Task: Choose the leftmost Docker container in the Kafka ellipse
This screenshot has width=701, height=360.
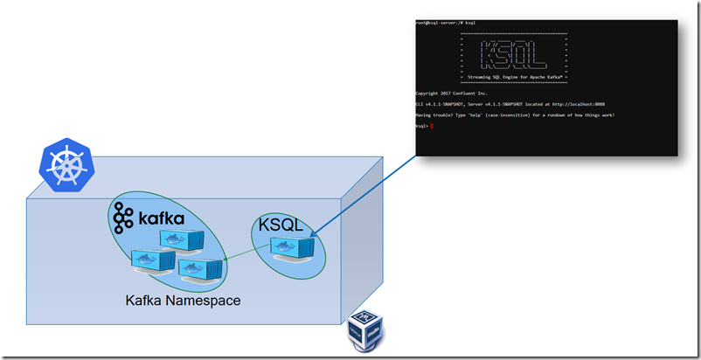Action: tap(149, 260)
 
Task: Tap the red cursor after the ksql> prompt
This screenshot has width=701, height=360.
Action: tap(432, 127)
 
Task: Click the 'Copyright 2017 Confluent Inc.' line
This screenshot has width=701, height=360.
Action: tap(452, 93)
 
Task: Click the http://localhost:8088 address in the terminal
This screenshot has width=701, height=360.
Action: tap(582, 104)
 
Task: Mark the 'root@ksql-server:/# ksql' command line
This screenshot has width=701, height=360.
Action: tap(446, 22)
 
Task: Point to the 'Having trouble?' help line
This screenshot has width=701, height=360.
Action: tap(515, 115)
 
